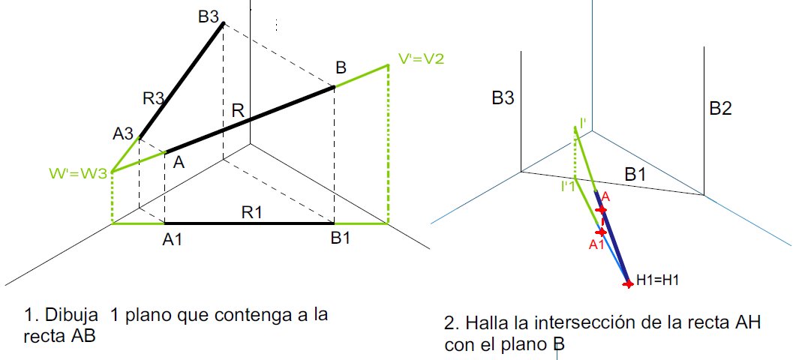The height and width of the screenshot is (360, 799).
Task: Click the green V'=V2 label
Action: click(x=420, y=58)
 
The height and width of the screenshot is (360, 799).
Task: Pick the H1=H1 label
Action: click(x=658, y=279)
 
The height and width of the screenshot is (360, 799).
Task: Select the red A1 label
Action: click(x=597, y=244)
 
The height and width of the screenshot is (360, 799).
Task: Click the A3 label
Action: click(x=123, y=133)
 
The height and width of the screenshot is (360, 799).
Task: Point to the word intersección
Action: click(x=600, y=324)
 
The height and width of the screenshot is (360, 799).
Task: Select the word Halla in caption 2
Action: click(x=483, y=324)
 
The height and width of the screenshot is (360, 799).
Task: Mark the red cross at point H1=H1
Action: click(x=629, y=283)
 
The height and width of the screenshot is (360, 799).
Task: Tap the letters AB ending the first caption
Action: click(x=85, y=336)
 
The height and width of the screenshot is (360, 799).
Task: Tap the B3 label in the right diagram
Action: click(x=503, y=97)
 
